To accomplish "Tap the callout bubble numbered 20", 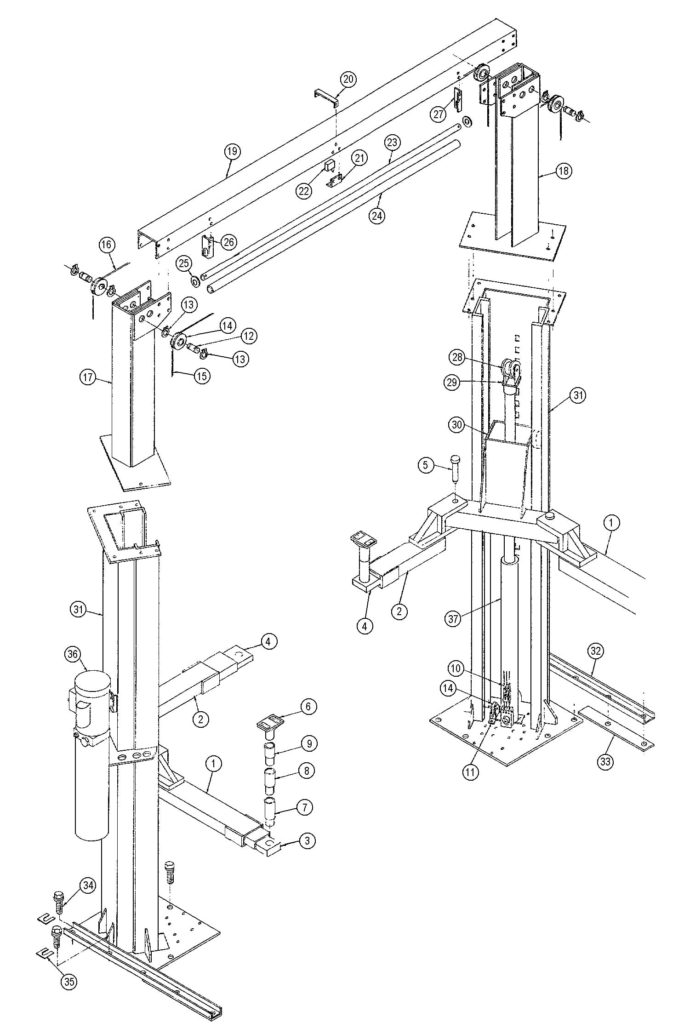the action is click(348, 80).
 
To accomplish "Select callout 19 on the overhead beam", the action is click(233, 151).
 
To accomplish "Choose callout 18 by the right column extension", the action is click(564, 171).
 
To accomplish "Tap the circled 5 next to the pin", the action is click(426, 465).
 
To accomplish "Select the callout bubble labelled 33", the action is click(606, 762).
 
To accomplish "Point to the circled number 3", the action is click(308, 841).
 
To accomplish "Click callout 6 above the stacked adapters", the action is click(308, 706).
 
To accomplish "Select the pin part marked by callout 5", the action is click(455, 467).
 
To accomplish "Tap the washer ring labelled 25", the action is click(195, 280).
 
